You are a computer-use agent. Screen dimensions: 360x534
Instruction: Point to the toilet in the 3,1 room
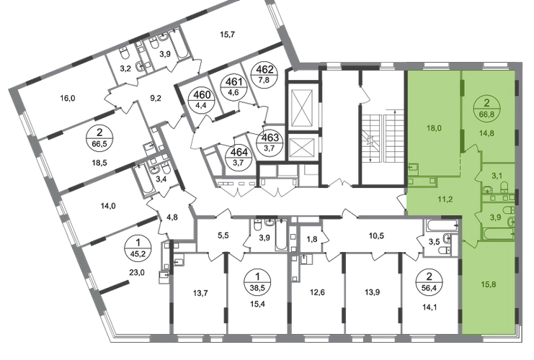tap(506, 189)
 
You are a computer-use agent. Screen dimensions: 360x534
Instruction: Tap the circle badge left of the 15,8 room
tap(430, 276)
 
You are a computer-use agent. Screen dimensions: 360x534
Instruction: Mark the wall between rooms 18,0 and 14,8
tap(459, 122)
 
